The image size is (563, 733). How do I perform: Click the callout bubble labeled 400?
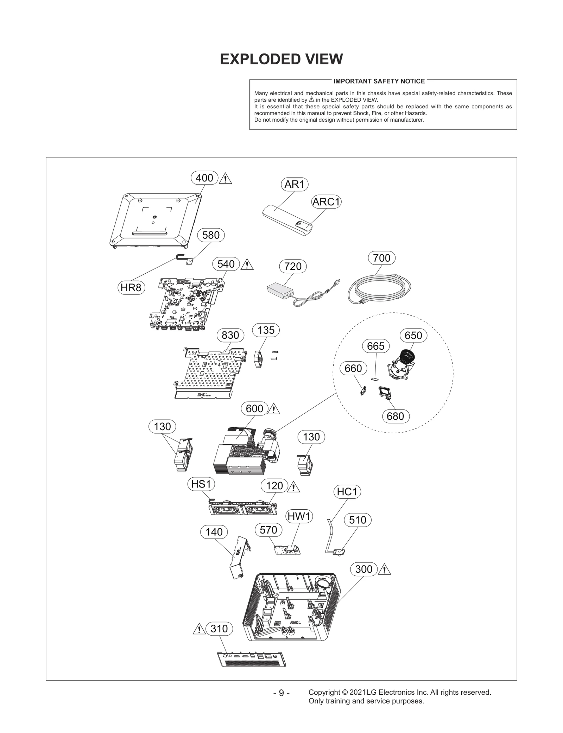pyautogui.click(x=204, y=178)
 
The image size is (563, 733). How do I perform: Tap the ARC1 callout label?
pyautogui.click(x=327, y=202)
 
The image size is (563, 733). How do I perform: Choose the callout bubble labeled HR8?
pyautogui.click(x=131, y=288)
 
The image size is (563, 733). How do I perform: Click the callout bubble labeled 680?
pyautogui.click(x=395, y=416)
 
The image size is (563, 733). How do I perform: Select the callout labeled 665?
pyautogui.click(x=375, y=346)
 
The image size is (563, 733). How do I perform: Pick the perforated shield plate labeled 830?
pyautogui.click(x=208, y=373)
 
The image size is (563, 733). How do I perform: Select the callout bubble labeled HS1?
pyautogui.click(x=201, y=484)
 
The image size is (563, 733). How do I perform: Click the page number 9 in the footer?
pyautogui.click(x=281, y=693)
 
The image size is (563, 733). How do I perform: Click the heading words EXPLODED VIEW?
pyautogui.click(x=281, y=59)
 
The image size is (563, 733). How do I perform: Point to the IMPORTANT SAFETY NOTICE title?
pyautogui.click(x=379, y=81)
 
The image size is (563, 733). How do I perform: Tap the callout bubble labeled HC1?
pyautogui.click(x=347, y=492)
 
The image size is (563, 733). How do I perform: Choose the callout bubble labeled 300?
pyautogui.click(x=363, y=569)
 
